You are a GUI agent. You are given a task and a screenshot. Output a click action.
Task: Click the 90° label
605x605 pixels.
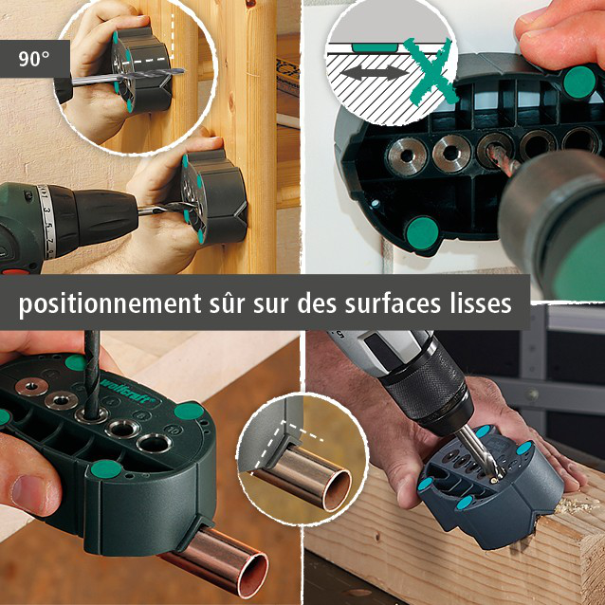pos(34,57)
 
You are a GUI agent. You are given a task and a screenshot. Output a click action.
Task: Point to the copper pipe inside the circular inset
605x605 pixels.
pos(303,480)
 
